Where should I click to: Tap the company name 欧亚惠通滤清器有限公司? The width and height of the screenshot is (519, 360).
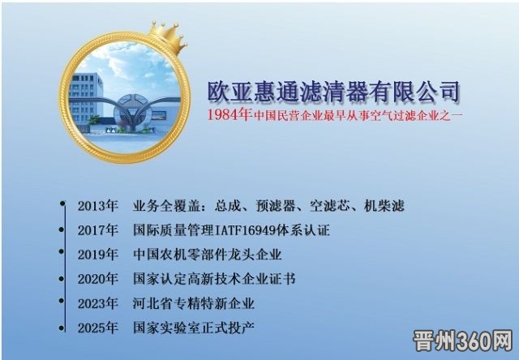[x=333, y=91]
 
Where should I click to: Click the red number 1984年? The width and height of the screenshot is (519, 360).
[x=229, y=115]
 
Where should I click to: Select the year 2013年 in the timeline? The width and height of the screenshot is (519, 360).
[x=97, y=206]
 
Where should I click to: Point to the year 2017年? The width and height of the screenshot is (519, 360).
[x=97, y=230]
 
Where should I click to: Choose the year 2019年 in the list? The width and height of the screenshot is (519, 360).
[x=97, y=255]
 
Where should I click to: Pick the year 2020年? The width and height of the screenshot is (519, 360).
[x=97, y=279]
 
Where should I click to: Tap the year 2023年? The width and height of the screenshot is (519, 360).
[x=97, y=303]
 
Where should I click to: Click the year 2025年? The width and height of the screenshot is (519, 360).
[x=97, y=328]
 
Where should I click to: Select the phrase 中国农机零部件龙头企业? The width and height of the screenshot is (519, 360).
[x=208, y=255]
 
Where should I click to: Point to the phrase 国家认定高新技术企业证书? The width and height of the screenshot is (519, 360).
[x=214, y=279]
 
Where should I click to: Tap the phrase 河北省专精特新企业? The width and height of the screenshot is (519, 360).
[x=194, y=303]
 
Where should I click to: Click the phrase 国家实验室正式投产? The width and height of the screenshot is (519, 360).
[x=194, y=328]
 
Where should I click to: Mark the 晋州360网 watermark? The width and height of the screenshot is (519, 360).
[x=463, y=341]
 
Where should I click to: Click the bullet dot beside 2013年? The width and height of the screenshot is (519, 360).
[x=62, y=203]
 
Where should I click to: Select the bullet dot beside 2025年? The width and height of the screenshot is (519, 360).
[x=62, y=328]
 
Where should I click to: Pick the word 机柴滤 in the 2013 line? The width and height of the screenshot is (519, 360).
[x=384, y=206]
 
